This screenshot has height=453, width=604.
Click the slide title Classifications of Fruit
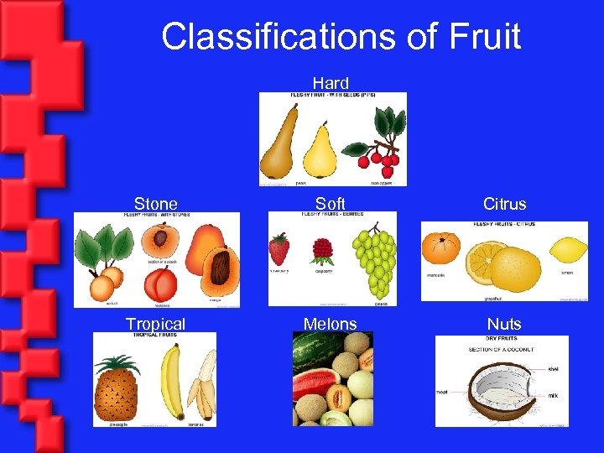(341, 37)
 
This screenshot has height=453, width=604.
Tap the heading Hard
(331, 83)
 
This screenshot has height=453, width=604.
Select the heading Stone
(156, 204)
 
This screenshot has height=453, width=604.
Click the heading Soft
(331, 204)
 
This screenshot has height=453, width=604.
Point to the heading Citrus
(504, 204)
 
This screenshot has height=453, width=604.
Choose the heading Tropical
(155, 325)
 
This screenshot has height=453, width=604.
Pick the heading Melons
(331, 325)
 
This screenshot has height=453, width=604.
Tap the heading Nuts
(504, 325)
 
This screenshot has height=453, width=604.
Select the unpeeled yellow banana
(171, 383)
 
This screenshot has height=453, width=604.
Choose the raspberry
(322, 251)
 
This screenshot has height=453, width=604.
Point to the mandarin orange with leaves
(440, 248)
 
